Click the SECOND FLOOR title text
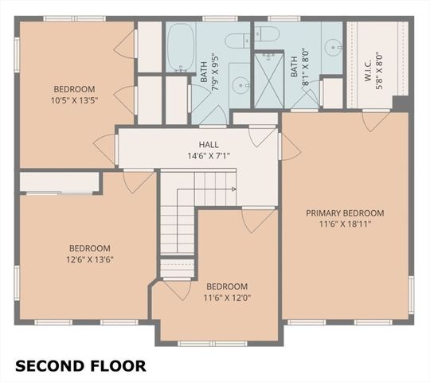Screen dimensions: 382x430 tap(80, 366)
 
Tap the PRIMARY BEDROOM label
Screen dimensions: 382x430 tap(346, 213)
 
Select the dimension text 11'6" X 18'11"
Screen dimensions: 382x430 tap(346, 224)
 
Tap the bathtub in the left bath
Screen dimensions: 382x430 tap(180, 47)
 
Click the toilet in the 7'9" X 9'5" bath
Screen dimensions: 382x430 tap(237, 41)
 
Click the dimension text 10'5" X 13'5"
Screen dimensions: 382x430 tap(74, 100)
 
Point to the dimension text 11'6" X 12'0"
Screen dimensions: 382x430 tap(227, 298)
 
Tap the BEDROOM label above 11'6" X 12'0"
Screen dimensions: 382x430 tap(227, 286)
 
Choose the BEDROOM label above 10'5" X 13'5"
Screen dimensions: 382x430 tap(74, 89)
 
